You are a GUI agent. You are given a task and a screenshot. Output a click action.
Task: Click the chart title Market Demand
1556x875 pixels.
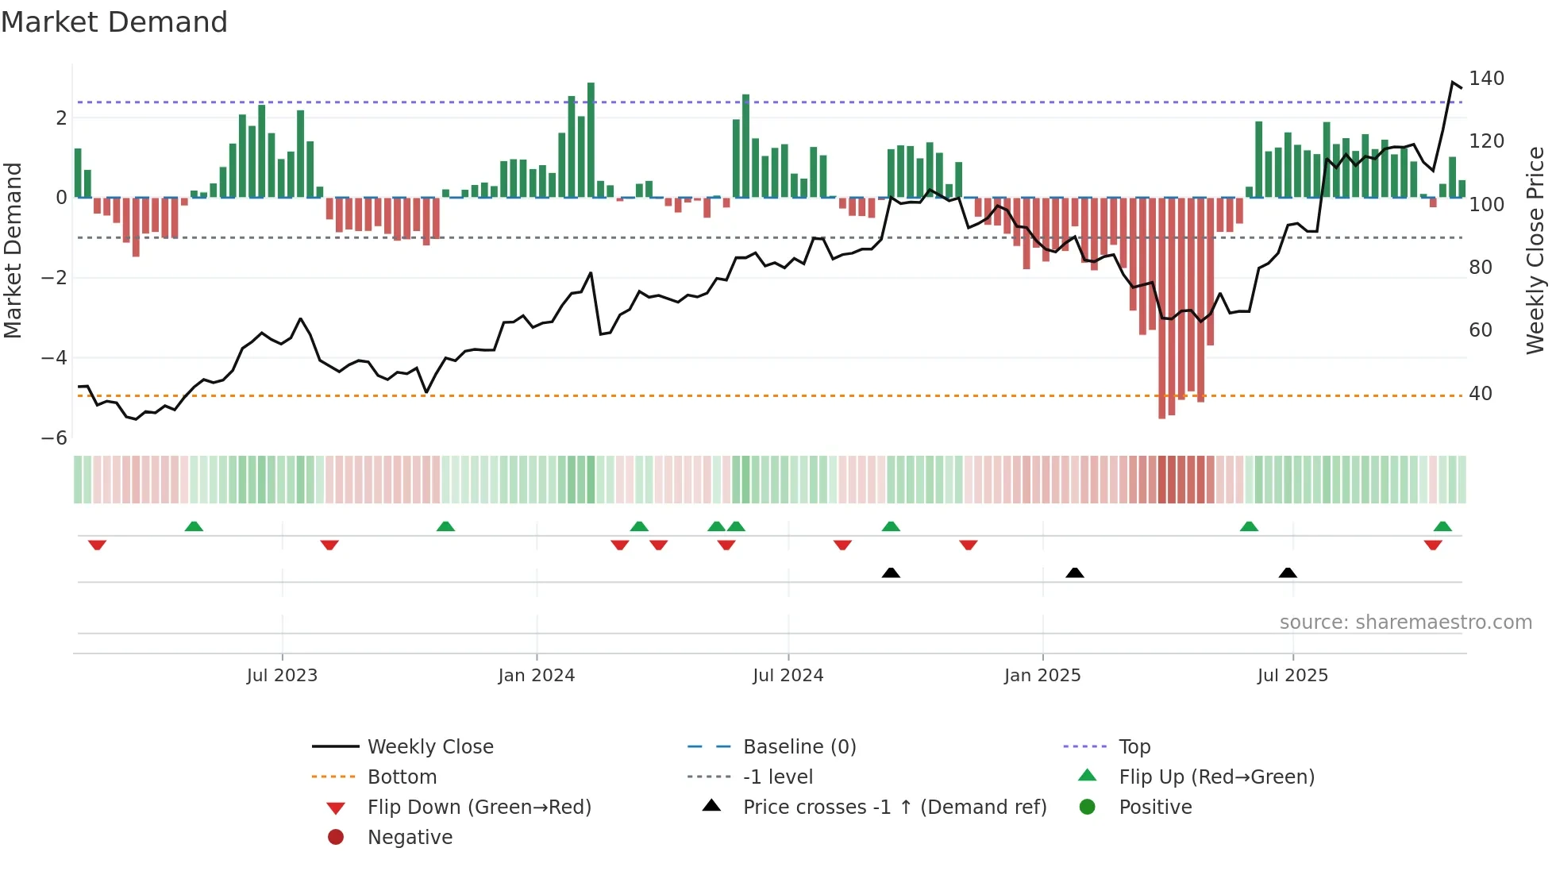tap(114, 22)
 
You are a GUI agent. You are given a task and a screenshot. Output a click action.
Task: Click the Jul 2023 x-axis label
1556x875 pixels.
tap(282, 676)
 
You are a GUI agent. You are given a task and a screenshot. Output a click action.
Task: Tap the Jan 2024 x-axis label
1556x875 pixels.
tap(536, 676)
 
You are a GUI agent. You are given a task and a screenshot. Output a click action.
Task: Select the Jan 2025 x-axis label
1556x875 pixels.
tap(1042, 676)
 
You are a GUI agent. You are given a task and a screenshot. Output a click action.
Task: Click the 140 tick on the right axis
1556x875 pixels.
tap(1485, 79)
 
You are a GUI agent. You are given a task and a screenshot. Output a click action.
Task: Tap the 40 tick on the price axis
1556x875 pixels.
tap(1480, 394)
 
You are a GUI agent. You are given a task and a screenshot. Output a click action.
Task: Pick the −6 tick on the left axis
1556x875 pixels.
tap(54, 438)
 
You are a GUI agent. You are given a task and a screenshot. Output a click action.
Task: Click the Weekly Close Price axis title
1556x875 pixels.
tap(1535, 250)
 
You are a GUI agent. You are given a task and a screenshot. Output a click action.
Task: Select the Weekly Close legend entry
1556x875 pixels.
tap(429, 747)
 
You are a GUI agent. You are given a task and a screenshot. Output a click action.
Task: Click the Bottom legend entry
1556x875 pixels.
tap(402, 777)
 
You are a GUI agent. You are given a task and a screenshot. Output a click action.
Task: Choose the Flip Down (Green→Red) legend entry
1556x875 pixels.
tap(479, 808)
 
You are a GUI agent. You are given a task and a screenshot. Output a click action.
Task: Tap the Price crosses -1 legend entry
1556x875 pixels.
tap(894, 808)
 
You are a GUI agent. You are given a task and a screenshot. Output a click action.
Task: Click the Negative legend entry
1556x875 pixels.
tap(410, 838)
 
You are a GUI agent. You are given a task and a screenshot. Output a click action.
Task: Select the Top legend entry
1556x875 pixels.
tap(1134, 747)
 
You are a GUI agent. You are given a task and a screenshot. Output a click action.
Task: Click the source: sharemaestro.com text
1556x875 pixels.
tap(1405, 623)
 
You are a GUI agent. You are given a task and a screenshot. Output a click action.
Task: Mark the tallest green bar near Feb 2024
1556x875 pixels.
tap(591, 140)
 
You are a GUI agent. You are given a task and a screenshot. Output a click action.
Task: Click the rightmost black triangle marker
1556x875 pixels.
tap(1288, 572)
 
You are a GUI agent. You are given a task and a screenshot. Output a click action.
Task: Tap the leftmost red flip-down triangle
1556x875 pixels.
tap(97, 545)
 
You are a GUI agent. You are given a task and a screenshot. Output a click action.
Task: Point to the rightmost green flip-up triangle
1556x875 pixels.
tap(1442, 526)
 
